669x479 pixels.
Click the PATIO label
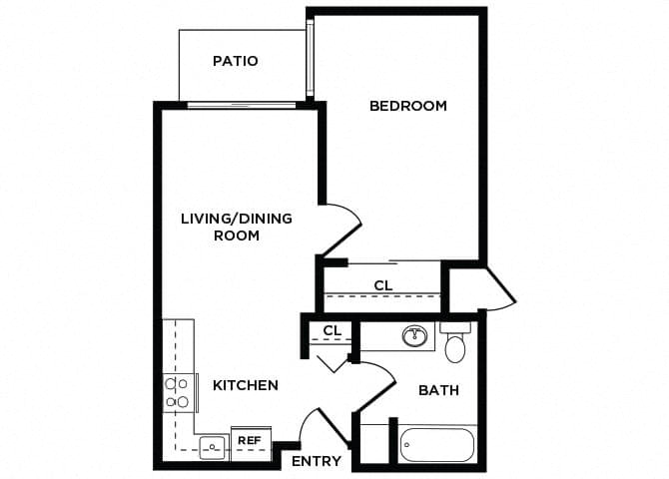[236, 61]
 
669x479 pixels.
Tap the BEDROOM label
[407, 106]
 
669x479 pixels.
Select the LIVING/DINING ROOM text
[237, 227]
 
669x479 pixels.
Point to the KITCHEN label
[246, 384]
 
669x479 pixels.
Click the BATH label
[438, 389]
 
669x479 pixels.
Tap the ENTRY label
[317, 461]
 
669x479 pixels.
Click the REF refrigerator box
[250, 440]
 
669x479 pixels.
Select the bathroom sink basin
[414, 336]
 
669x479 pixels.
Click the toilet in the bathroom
[455, 343]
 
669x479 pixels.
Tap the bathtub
[437, 445]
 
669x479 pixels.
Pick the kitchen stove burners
[177, 392]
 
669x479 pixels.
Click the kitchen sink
[211, 446]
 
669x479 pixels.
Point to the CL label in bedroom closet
[383, 285]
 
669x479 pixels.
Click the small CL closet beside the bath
[333, 330]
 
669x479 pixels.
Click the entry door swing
[327, 424]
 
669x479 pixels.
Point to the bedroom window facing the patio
[312, 58]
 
